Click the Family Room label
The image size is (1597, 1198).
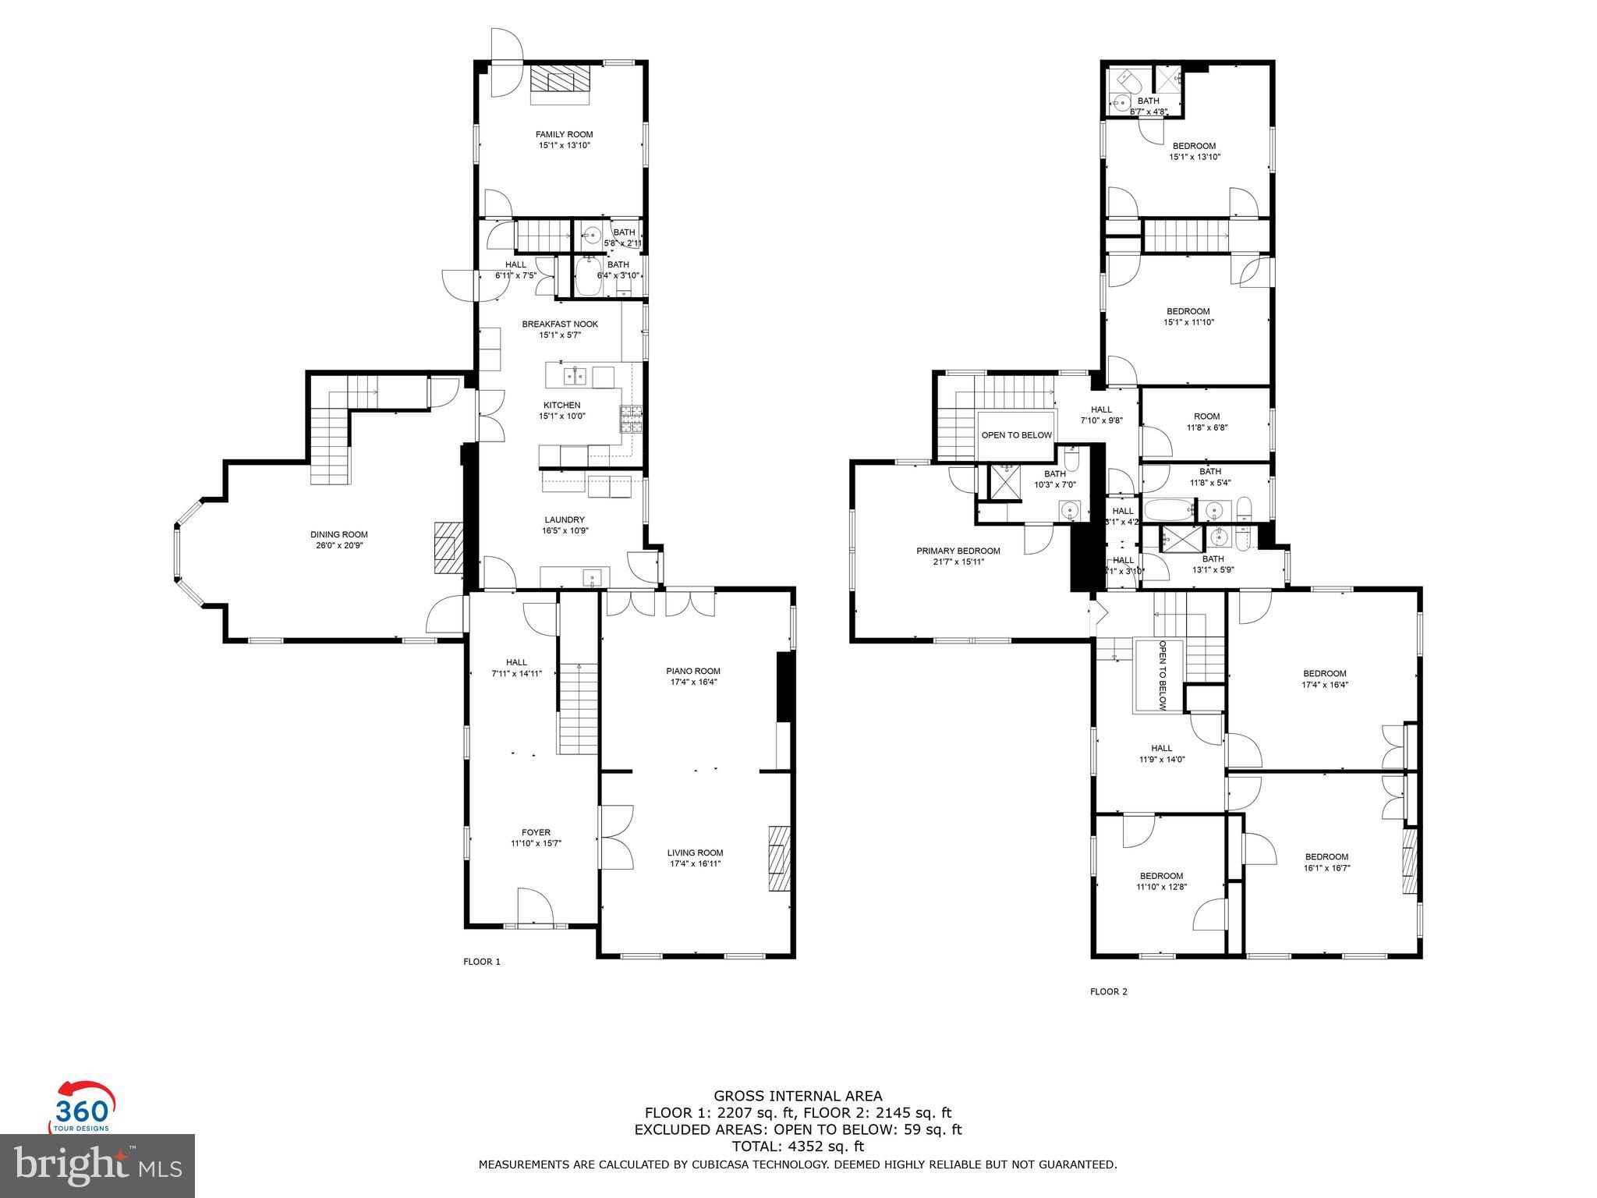[564, 134]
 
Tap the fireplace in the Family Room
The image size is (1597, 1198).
[561, 83]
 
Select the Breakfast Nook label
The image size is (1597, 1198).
[560, 324]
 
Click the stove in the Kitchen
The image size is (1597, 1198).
[632, 419]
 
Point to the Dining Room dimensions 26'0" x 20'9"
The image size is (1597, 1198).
[338, 545]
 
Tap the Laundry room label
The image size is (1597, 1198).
[565, 519]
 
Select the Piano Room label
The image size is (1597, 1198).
[692, 671]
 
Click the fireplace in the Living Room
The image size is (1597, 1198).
[779, 858]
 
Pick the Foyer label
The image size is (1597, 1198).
[536, 832]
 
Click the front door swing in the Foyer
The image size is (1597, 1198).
[535, 906]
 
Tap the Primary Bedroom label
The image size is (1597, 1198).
[958, 551]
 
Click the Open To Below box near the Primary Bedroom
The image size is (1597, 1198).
[1016, 435]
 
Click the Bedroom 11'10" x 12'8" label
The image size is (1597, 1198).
[1161, 876]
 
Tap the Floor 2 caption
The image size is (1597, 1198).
[1108, 992]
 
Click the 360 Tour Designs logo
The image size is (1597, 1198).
[82, 1106]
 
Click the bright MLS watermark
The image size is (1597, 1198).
[97, 1165]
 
